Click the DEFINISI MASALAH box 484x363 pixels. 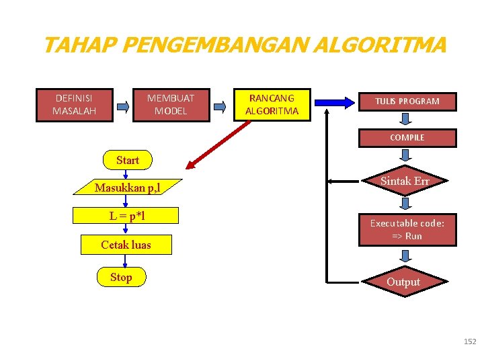(74, 104)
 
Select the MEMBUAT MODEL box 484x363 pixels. (171, 104)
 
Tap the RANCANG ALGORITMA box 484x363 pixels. (272, 104)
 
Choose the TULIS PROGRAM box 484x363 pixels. (407, 102)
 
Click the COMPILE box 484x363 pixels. (407, 138)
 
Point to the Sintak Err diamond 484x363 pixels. (405, 182)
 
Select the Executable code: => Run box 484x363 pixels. (407, 229)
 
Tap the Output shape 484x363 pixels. (403, 282)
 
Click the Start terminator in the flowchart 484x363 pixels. (127, 160)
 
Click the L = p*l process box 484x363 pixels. (126, 216)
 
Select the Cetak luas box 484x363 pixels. (126, 245)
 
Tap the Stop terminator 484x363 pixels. (121, 277)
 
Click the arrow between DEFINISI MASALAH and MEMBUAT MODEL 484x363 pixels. (123, 106)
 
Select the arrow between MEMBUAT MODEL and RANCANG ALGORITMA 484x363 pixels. (220, 105)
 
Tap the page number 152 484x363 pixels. (469, 342)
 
